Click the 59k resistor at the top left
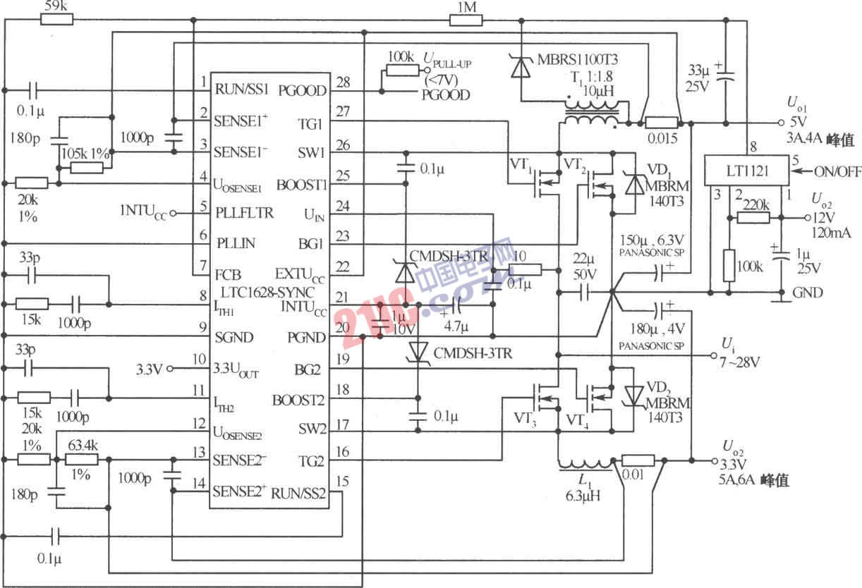pos(56,19)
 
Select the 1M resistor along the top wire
pos(466,19)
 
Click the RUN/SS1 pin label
pos(241,90)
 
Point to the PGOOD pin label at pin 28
pos(303,90)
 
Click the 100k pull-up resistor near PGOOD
pos(401,70)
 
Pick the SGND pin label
pos(233,337)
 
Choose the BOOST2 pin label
pos(298,400)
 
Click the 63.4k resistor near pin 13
pos(80,459)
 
